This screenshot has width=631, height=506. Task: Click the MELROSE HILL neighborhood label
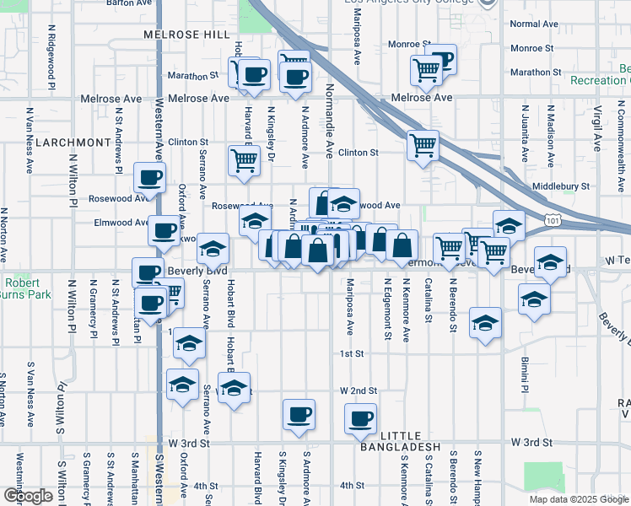coord(186,35)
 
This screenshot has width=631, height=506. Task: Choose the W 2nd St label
coord(359,391)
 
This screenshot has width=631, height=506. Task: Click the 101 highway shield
coord(553,220)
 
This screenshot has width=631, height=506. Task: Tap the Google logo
coord(28,496)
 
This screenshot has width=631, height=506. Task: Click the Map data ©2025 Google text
coord(579,499)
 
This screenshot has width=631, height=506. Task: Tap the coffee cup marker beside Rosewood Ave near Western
coord(150,178)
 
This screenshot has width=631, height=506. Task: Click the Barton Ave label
coord(129,3)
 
